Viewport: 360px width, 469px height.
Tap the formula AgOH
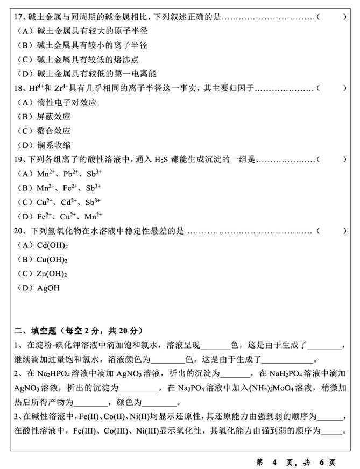48,288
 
